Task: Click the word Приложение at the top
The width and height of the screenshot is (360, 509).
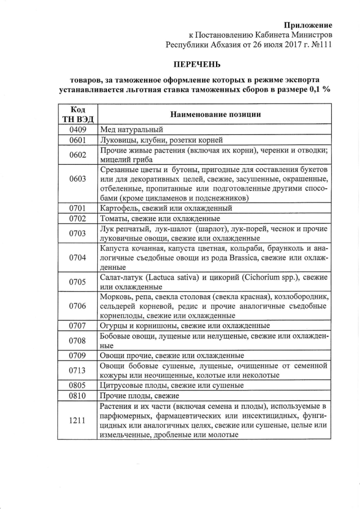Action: pyautogui.click(x=308, y=25)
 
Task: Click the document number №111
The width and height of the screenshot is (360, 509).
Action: pyautogui.click(x=319, y=44)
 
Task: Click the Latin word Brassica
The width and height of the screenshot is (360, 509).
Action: pyautogui.click(x=251, y=258)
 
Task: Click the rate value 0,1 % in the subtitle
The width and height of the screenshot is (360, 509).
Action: pyautogui.click(x=318, y=90)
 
